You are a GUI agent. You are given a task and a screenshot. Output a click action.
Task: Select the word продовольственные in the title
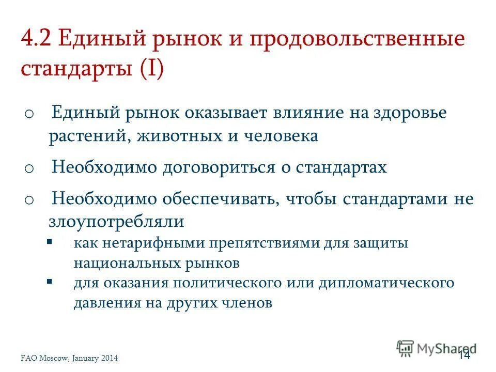click(x=358, y=41)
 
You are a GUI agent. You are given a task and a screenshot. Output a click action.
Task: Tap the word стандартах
click(x=341, y=167)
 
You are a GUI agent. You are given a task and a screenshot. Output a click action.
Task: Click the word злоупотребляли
click(x=116, y=222)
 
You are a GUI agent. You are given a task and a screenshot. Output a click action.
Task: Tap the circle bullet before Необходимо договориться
click(x=29, y=168)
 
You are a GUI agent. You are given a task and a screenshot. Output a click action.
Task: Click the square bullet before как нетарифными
click(x=49, y=241)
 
